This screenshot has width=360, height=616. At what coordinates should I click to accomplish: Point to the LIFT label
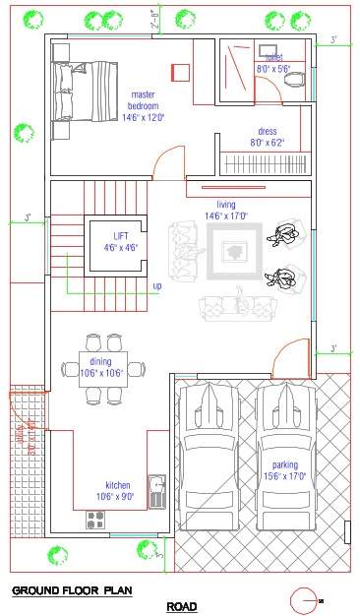(120, 236)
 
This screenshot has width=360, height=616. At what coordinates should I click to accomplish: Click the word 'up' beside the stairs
(156, 286)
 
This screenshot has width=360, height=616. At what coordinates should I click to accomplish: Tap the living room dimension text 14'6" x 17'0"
(225, 216)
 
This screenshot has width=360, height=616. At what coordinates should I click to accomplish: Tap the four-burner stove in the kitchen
(97, 519)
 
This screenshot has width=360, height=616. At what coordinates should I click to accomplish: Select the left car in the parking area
(210, 455)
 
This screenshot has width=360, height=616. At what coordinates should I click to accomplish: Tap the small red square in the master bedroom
(180, 72)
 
